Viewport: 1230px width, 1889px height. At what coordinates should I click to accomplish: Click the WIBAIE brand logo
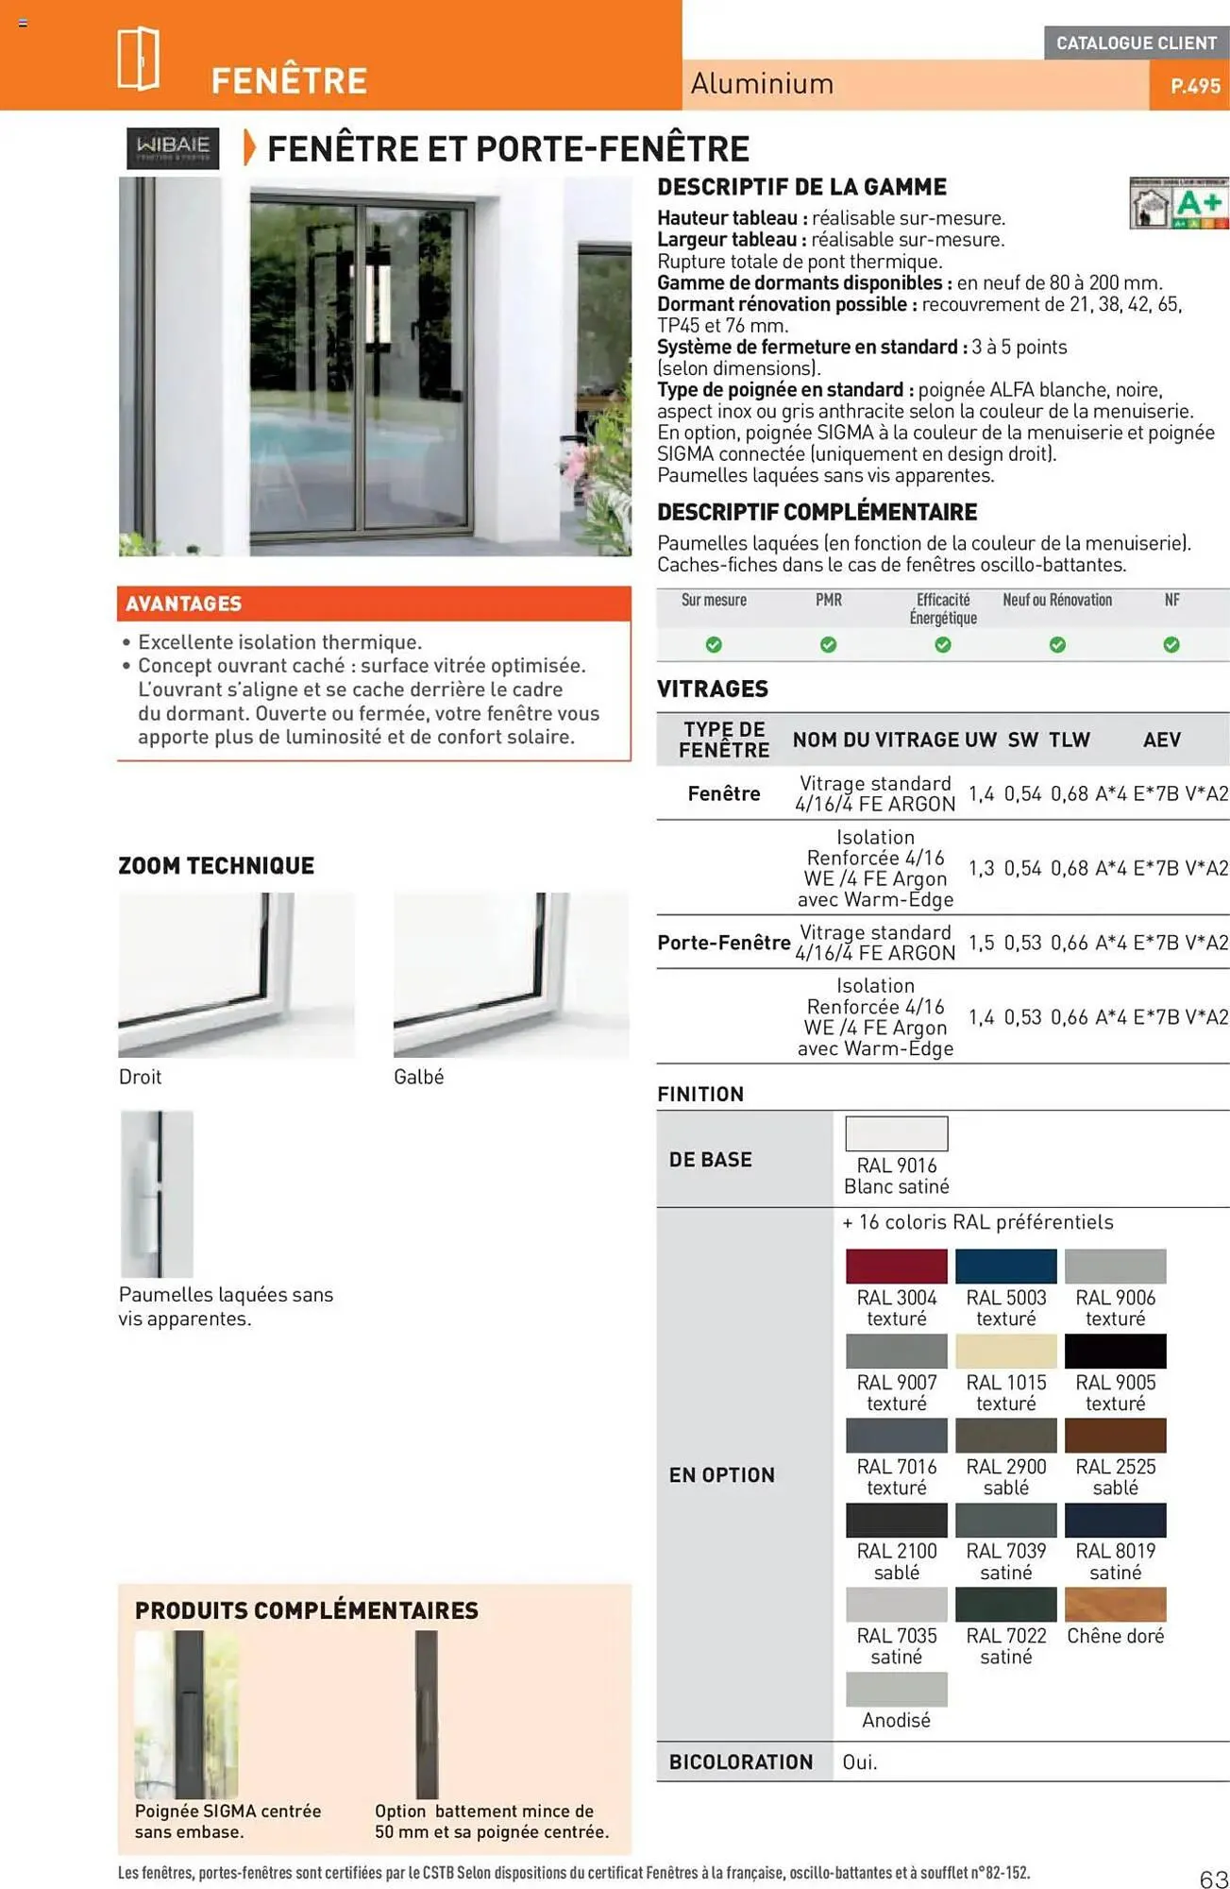click(173, 148)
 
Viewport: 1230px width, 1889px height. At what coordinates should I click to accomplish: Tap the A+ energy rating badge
click(1179, 203)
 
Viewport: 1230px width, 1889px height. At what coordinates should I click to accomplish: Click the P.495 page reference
click(1194, 86)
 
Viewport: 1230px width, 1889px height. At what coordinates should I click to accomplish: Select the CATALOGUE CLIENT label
click(1136, 43)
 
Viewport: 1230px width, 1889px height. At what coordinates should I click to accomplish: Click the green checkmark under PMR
click(828, 645)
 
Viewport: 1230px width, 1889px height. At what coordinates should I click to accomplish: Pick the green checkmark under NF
click(1171, 645)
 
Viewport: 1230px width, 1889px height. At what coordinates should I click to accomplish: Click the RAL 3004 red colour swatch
click(896, 1267)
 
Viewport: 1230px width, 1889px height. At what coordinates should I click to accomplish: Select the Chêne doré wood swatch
click(1115, 1605)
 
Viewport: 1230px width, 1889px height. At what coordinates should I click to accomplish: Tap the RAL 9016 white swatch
click(896, 1133)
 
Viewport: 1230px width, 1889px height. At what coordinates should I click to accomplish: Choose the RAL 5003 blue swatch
click(1005, 1267)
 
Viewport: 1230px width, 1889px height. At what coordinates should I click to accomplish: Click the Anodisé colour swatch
click(896, 1689)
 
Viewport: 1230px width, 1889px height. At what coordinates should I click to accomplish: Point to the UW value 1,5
click(981, 943)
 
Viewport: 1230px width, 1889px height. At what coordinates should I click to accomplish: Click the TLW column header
click(1069, 740)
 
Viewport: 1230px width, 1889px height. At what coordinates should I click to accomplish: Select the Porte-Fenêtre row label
click(723, 943)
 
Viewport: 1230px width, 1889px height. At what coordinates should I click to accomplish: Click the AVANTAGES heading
click(184, 604)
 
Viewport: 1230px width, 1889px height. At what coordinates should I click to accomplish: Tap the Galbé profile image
click(511, 974)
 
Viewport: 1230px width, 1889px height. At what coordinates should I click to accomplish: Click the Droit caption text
click(140, 1077)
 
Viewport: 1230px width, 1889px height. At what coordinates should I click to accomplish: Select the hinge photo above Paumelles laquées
click(157, 1194)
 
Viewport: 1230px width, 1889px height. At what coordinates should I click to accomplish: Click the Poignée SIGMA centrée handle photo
click(187, 1714)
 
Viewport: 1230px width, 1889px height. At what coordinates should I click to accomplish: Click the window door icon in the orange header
click(139, 59)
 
